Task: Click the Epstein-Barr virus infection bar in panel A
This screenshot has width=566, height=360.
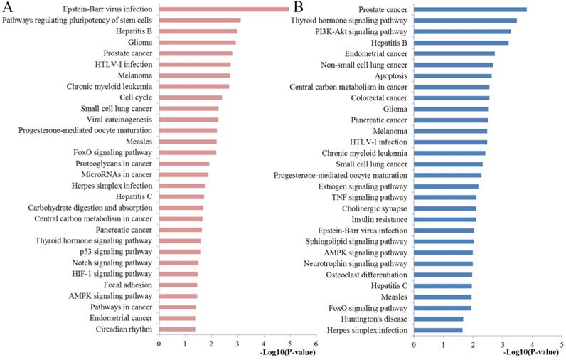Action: pos(224,9)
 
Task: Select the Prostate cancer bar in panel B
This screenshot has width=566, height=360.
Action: pos(470,9)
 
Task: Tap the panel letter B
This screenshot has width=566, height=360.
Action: pos(299,8)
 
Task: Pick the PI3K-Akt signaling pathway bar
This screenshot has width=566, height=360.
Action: pos(462,31)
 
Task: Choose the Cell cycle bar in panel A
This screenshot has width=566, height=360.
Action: pos(191,97)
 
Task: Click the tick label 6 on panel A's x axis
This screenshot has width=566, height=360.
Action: pos(316,343)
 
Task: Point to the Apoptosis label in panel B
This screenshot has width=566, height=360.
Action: pos(391,75)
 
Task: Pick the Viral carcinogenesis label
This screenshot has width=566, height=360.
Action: pos(119,120)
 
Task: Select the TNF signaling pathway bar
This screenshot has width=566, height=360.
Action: pos(445,197)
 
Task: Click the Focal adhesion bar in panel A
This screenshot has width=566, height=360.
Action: pos(178,285)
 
